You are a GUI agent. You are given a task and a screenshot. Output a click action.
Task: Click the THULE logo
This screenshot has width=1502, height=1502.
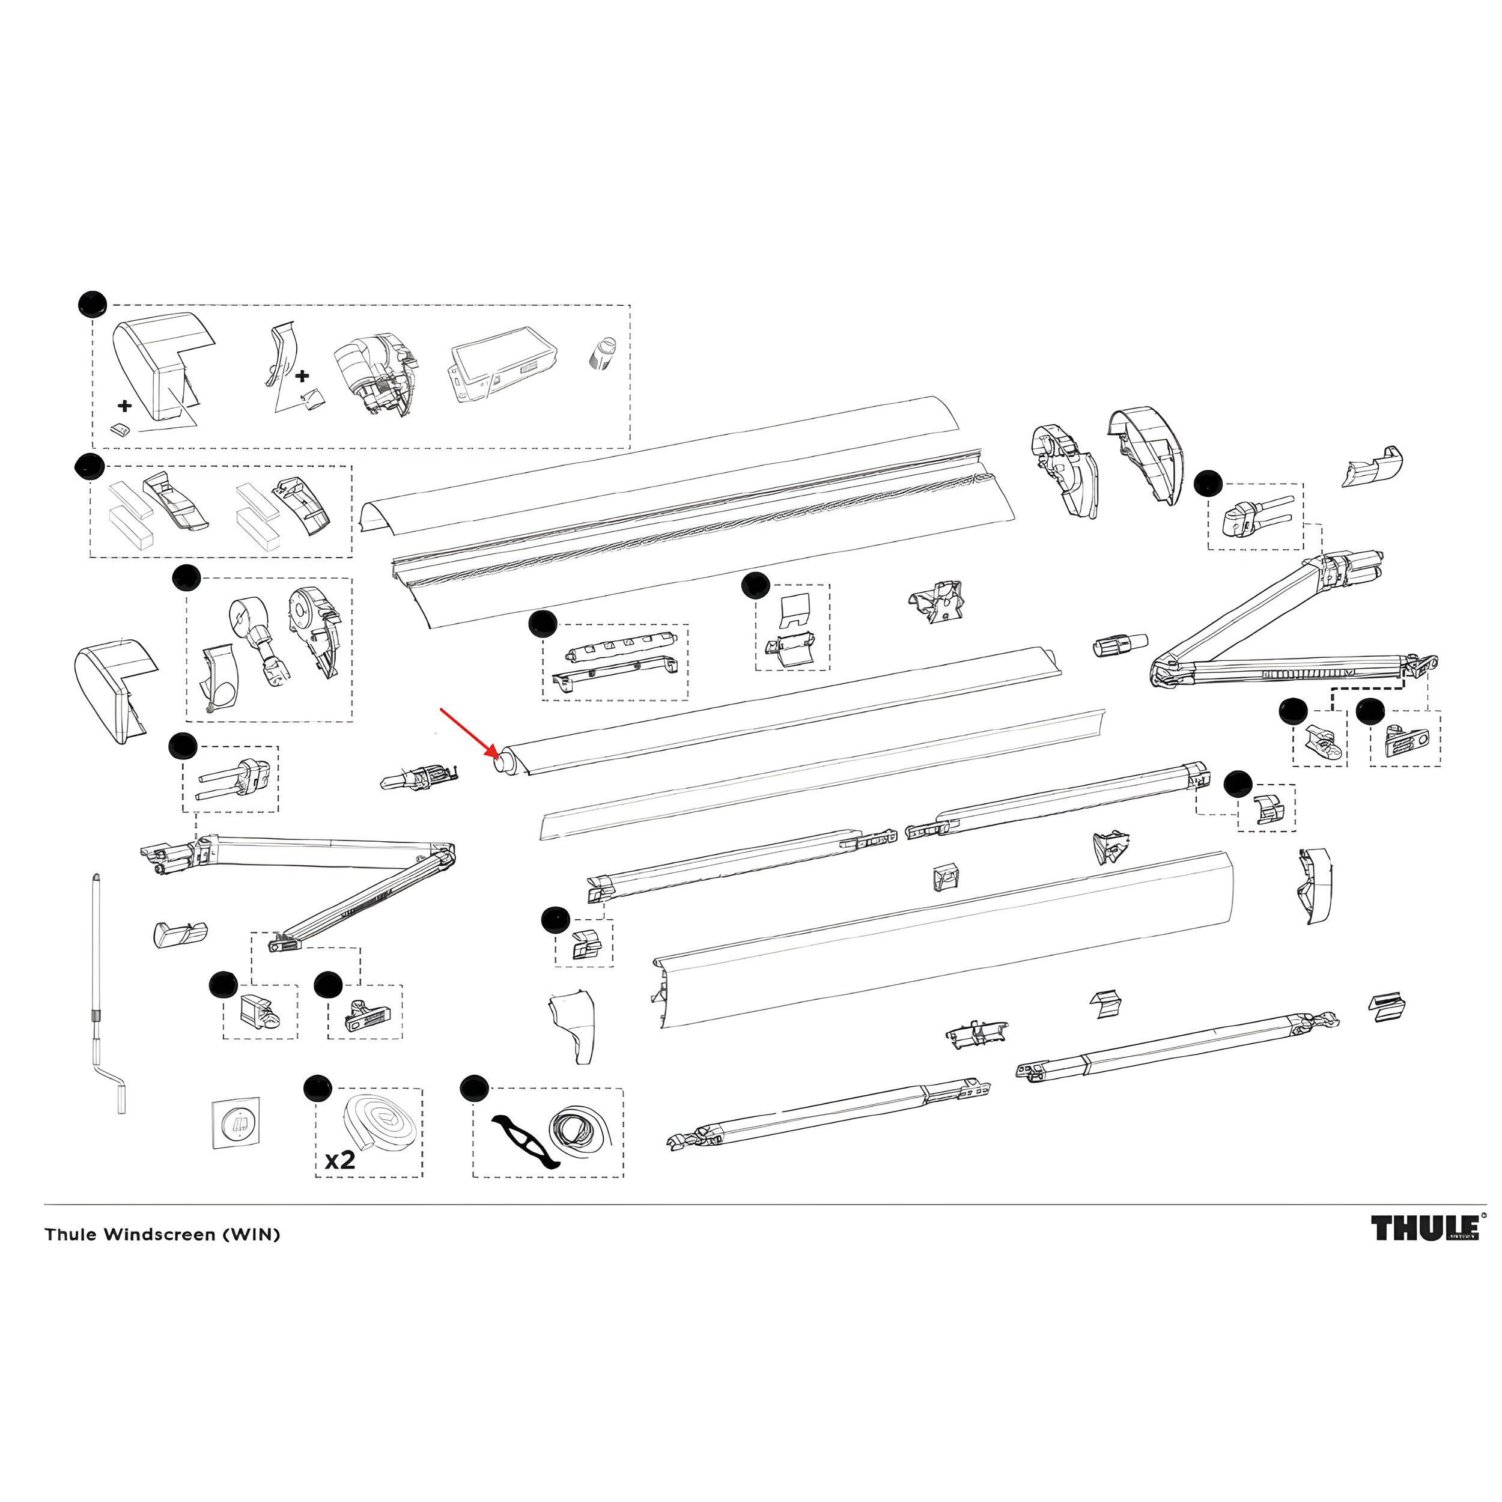(x=1424, y=1229)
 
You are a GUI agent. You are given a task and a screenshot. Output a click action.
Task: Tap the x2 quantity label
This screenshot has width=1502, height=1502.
(x=339, y=1161)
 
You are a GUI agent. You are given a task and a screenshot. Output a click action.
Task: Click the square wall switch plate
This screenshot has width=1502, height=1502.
(x=236, y=1123)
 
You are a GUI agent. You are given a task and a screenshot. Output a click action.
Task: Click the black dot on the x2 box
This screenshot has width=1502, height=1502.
(x=317, y=1089)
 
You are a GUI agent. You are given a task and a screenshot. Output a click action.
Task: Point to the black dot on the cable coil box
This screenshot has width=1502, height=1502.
(x=473, y=1087)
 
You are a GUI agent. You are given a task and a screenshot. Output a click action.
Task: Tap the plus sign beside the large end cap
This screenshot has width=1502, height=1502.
(x=124, y=405)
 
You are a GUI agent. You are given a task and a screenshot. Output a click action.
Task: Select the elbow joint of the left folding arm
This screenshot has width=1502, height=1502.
(x=446, y=856)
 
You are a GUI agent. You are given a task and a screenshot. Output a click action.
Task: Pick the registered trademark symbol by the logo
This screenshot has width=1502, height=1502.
(x=1483, y=1214)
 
